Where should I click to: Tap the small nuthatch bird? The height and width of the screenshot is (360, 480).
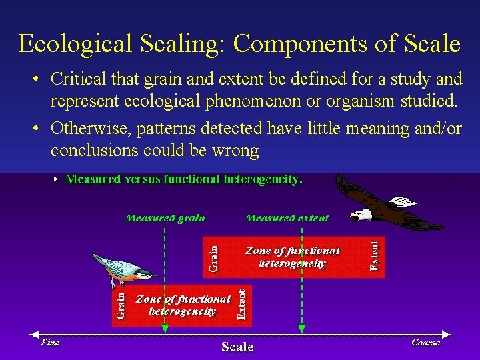(x=120, y=267)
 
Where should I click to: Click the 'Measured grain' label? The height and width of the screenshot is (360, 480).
(x=165, y=218)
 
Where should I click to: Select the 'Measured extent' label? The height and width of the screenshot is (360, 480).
(x=287, y=218)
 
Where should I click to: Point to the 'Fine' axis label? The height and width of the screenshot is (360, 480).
(x=50, y=343)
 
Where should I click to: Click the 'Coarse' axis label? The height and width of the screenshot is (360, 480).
(x=425, y=343)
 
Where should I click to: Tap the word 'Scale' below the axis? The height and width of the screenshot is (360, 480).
(x=237, y=347)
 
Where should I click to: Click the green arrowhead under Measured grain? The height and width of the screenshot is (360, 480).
(x=165, y=328)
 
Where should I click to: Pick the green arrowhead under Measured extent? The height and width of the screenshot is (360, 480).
(x=302, y=328)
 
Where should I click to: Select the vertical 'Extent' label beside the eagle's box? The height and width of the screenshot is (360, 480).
(x=375, y=255)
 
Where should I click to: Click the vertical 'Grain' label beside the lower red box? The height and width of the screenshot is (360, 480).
(x=121, y=305)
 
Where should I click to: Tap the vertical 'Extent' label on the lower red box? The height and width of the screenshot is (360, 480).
(x=242, y=304)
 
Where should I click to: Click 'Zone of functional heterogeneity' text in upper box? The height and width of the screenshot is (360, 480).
(x=293, y=257)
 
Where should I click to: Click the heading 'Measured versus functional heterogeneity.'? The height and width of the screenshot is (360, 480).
(x=183, y=179)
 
